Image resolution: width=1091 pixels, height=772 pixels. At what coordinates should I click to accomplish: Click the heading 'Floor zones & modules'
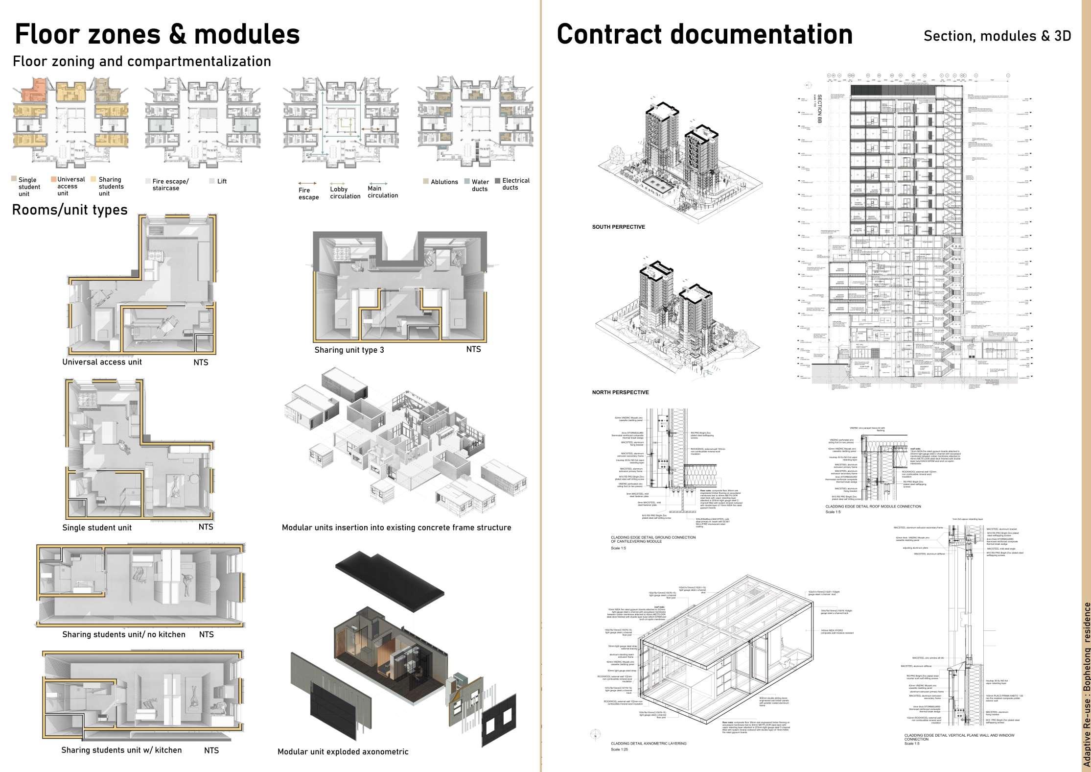tap(157, 34)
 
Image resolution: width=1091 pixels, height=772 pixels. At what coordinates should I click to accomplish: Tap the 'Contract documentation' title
tap(704, 34)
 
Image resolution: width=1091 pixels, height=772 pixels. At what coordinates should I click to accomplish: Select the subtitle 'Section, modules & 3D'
tap(997, 36)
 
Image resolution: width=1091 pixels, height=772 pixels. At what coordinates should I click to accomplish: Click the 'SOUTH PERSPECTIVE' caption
tap(618, 227)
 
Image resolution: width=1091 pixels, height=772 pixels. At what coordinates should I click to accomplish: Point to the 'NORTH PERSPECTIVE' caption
tap(620, 392)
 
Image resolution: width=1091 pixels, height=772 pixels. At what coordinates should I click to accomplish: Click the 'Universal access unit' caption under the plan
tap(102, 362)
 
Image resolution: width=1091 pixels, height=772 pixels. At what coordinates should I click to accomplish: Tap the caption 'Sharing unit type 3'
tap(349, 350)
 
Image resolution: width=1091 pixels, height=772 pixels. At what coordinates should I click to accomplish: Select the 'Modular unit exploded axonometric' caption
tap(343, 751)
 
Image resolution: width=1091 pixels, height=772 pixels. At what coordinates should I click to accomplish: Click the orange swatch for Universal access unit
tap(54, 179)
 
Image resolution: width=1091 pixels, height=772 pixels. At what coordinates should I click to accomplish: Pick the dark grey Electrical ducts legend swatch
tap(498, 181)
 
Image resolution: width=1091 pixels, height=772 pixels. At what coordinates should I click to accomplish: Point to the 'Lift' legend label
tap(222, 181)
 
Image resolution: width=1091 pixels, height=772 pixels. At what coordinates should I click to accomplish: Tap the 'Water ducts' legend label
tap(480, 185)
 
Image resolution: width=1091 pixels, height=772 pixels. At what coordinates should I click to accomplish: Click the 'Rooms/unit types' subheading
tap(70, 210)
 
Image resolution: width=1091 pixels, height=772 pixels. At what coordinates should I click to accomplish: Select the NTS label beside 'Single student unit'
tap(206, 527)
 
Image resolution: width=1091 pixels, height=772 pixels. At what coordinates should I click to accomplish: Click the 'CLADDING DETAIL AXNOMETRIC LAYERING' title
tap(649, 744)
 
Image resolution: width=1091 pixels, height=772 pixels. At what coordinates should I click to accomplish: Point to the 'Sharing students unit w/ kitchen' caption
tap(121, 750)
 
